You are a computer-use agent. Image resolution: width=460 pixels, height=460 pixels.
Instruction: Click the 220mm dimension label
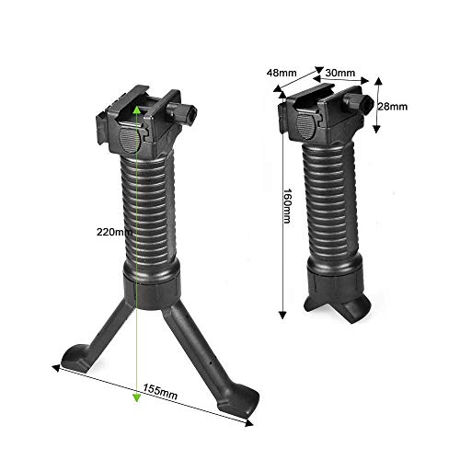pyautogui.click(x=113, y=233)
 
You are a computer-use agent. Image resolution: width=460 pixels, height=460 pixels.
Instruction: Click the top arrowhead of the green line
pyautogui.click(x=136, y=109)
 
